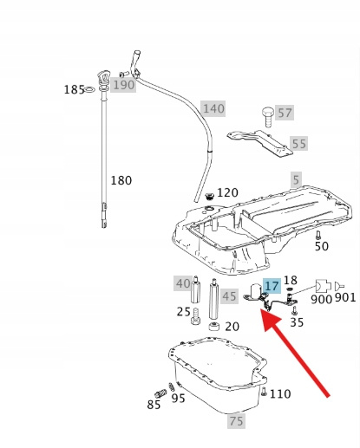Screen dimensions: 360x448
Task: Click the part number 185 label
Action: (74, 89)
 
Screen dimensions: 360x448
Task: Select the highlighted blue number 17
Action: (272, 286)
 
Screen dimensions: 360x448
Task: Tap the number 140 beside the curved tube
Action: (213, 108)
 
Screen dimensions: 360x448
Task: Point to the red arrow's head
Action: (270, 320)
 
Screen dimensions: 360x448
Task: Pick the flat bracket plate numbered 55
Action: (259, 144)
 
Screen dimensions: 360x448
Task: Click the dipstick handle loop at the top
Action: (103, 77)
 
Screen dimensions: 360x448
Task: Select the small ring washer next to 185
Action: (90, 90)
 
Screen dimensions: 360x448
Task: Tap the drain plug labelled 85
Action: (160, 393)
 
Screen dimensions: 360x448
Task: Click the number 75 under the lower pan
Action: (236, 420)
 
